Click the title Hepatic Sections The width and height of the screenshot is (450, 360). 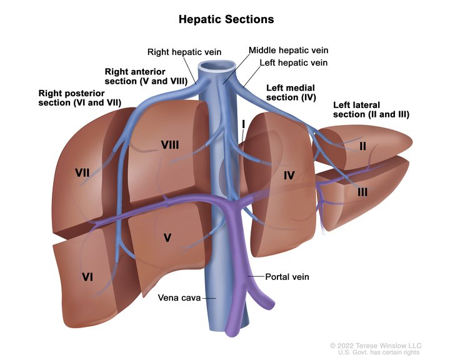(x=226, y=19)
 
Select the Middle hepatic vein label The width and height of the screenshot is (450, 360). (x=288, y=50)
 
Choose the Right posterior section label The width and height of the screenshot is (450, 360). (x=79, y=97)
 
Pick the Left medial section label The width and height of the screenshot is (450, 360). (x=291, y=92)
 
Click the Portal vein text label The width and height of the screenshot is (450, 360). (x=287, y=276)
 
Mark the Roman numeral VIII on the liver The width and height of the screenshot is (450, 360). (x=170, y=145)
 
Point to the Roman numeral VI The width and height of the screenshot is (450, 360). (x=87, y=276)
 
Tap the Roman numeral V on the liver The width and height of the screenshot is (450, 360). (x=167, y=237)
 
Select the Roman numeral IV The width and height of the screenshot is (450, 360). (x=288, y=176)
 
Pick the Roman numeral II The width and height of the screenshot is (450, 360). (x=362, y=146)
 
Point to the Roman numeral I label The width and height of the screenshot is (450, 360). (x=242, y=125)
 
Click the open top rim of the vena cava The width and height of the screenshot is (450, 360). (x=217, y=66)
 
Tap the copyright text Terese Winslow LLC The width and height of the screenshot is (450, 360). (x=376, y=346)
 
